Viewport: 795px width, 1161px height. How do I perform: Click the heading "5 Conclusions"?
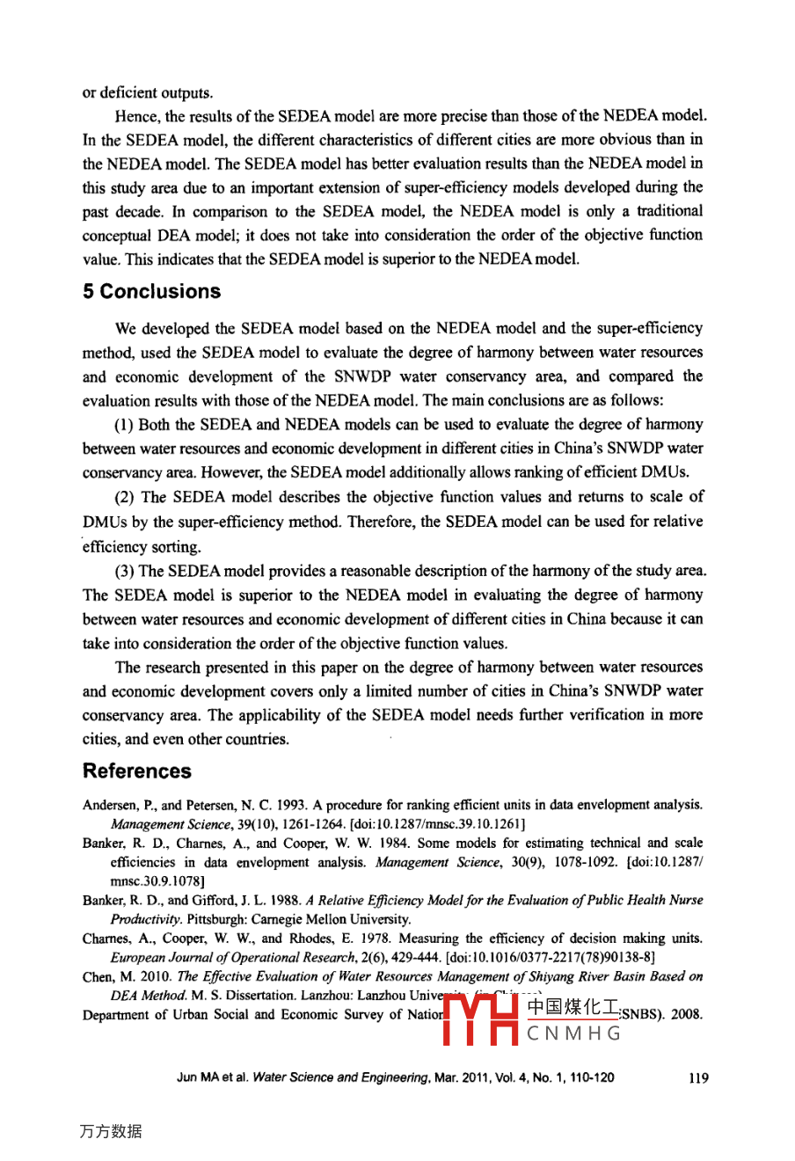pyautogui.click(x=151, y=292)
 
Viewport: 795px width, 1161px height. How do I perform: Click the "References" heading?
pyautogui.click(x=136, y=771)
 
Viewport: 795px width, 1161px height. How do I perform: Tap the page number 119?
pyautogui.click(x=698, y=1077)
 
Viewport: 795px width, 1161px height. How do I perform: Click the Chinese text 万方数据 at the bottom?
pyautogui.click(x=110, y=1132)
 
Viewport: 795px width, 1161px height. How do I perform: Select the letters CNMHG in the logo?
pyautogui.click(x=574, y=1033)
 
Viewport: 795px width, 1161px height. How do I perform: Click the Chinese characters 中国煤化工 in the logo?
pyautogui.click(x=573, y=1008)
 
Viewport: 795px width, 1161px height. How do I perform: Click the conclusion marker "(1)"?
pyautogui.click(x=125, y=424)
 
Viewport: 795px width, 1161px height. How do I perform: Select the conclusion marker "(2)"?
pyautogui.click(x=126, y=497)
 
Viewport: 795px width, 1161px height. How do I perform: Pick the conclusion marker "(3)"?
pyautogui.click(x=126, y=571)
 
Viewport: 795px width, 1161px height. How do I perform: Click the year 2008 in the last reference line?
pyautogui.click(x=686, y=1014)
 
